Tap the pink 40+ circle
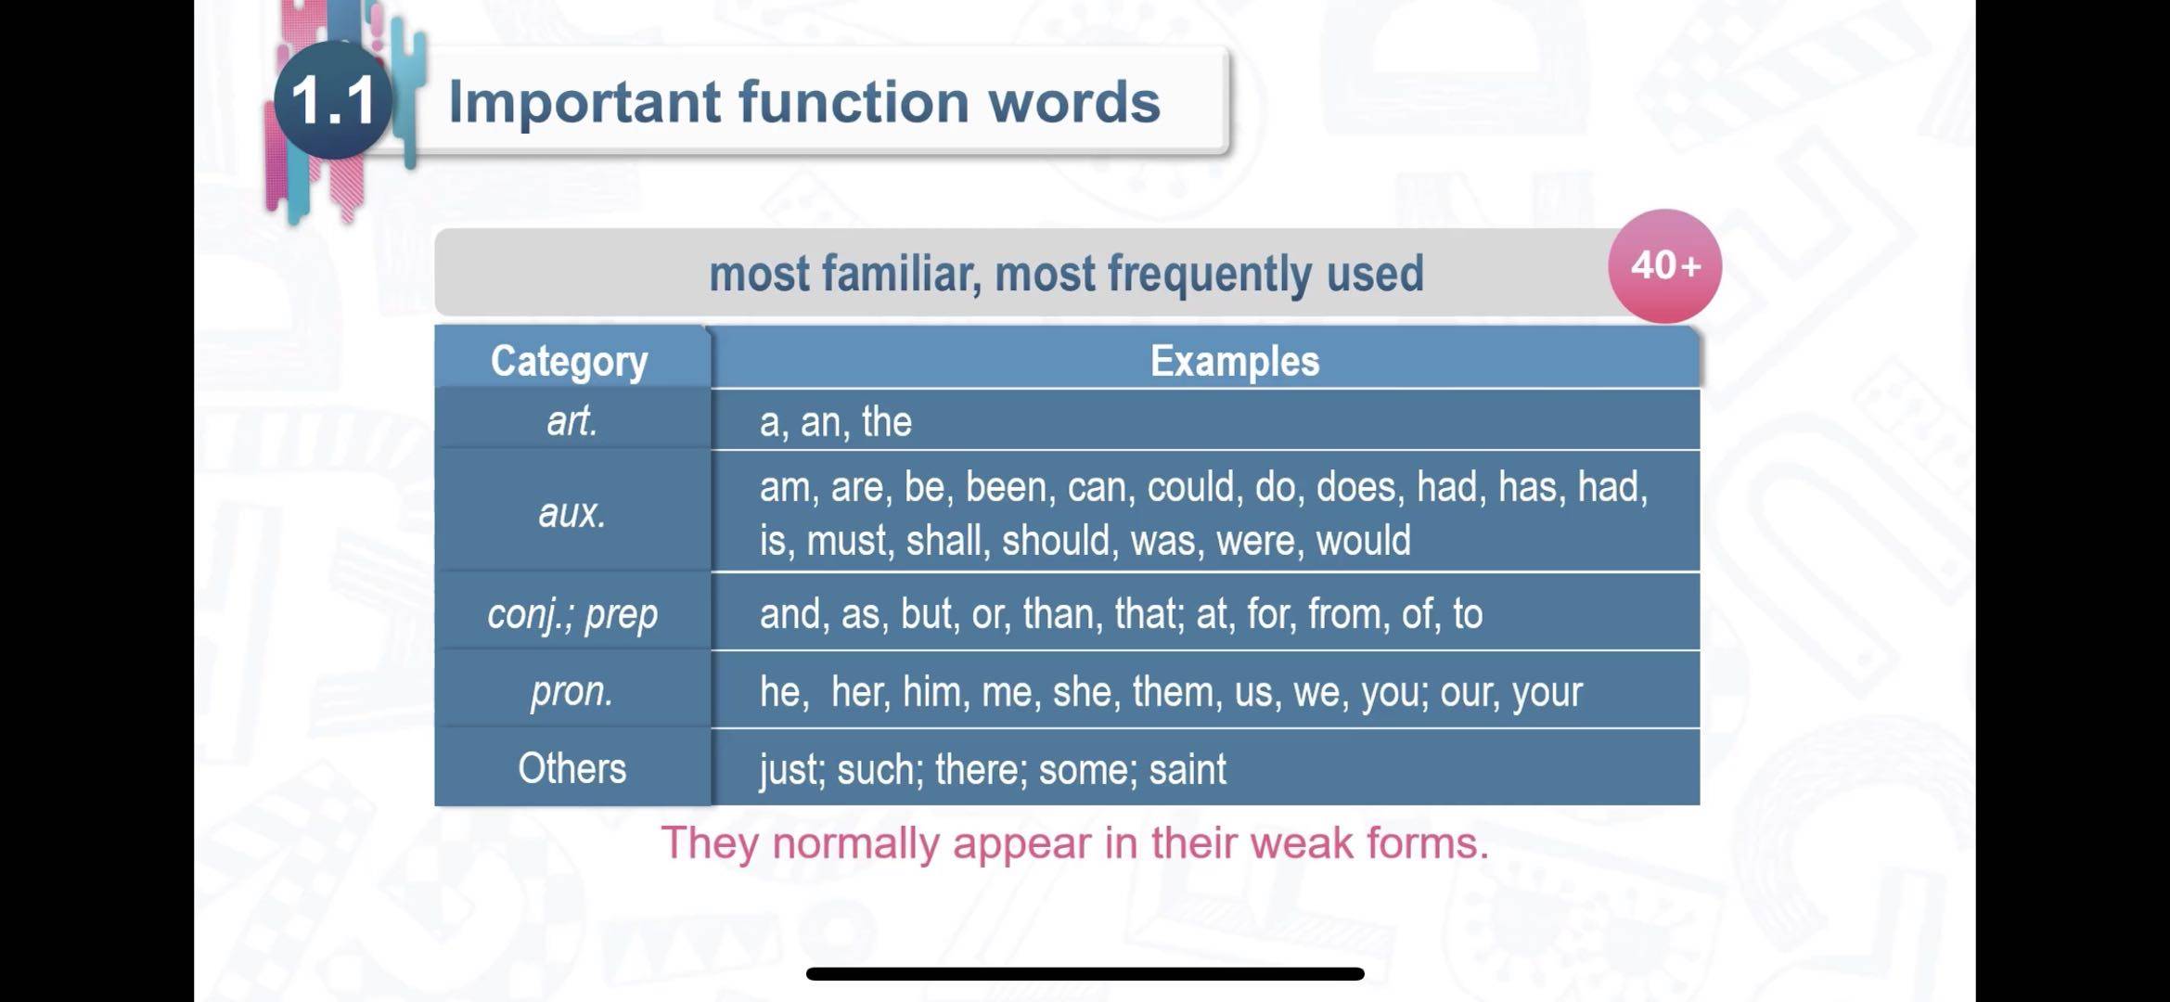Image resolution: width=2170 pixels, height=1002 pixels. click(x=1664, y=266)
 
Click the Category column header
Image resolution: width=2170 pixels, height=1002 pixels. click(x=569, y=361)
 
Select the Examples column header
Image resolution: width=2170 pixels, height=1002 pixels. click(x=1234, y=361)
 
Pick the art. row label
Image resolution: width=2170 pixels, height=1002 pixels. click(x=572, y=421)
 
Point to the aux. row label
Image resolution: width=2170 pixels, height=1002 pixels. click(x=572, y=512)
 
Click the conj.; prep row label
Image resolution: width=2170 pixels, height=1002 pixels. click(x=572, y=614)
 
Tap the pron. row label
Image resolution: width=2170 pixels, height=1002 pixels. click(x=572, y=692)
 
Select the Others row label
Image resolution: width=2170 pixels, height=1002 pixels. click(x=572, y=768)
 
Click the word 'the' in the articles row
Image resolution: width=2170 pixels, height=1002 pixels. click(x=886, y=422)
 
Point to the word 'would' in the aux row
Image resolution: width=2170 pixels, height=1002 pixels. click(x=1363, y=540)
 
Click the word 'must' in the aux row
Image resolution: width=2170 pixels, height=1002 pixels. click(x=845, y=541)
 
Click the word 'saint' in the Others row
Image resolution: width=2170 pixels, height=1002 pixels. click(x=1188, y=769)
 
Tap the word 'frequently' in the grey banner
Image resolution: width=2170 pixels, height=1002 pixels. click(x=1210, y=275)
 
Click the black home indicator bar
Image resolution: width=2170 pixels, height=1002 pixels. click(x=1085, y=973)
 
